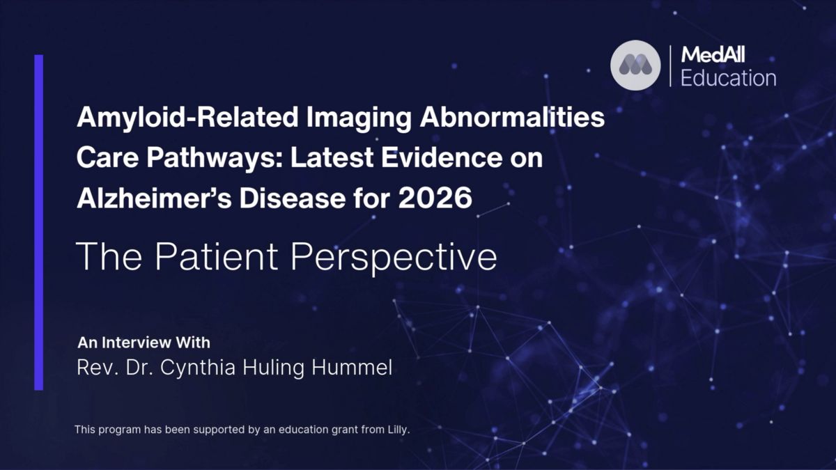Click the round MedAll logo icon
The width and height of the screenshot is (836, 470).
(635, 65)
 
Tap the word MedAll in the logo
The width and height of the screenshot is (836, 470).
(713, 55)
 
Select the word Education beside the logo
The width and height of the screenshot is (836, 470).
(729, 78)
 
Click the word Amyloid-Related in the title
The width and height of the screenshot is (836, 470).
(187, 118)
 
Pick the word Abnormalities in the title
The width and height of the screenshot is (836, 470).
(512, 117)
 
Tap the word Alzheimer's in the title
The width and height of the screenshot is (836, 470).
(154, 198)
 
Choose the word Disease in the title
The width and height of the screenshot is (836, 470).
(292, 198)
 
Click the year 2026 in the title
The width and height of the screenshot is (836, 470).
(435, 198)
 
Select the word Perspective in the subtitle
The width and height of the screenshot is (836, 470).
(394, 258)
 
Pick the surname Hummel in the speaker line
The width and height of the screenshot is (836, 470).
(352, 368)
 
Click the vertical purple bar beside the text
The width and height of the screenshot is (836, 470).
(39, 223)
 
